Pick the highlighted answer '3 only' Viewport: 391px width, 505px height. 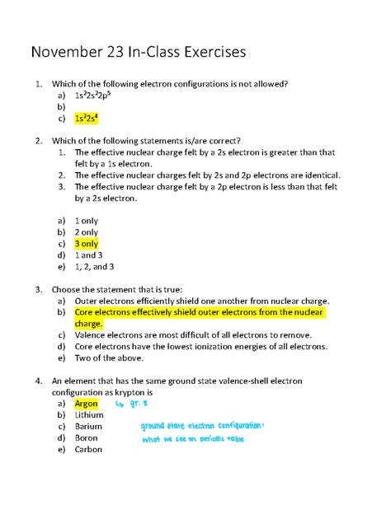[x=87, y=245]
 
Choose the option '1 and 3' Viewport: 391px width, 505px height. [x=90, y=255]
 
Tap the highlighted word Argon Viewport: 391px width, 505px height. [x=86, y=404]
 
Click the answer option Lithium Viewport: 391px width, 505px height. [x=89, y=416]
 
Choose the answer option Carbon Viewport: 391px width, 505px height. [x=88, y=450]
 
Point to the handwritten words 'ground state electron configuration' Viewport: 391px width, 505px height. [x=201, y=427]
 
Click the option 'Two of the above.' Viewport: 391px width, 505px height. [x=109, y=358]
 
